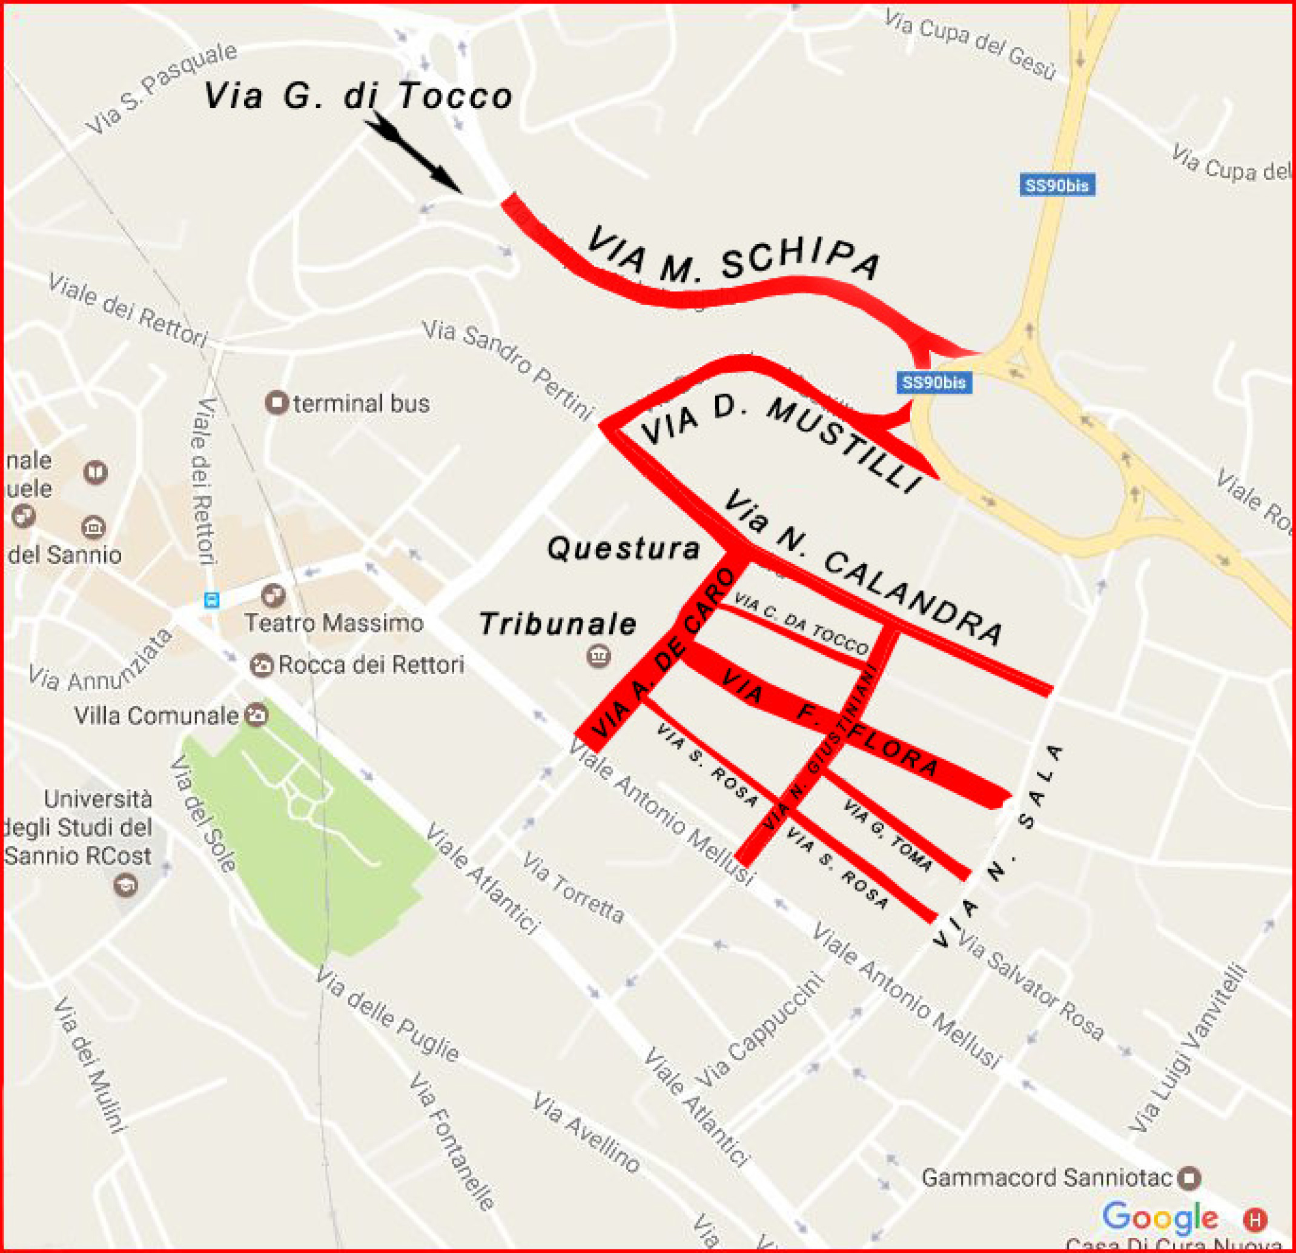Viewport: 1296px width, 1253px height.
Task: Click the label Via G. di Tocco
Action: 358,96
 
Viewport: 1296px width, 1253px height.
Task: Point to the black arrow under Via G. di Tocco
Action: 412,151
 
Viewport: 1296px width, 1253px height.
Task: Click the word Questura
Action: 623,548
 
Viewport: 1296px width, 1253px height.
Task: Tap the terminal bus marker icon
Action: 276,402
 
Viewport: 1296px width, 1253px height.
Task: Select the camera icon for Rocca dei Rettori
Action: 262,665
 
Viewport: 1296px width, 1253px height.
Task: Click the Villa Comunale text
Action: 156,716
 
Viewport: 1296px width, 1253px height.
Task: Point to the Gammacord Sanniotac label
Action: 1046,1178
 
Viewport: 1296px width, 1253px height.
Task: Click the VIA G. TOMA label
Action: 888,835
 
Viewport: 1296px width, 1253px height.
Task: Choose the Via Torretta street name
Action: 573,888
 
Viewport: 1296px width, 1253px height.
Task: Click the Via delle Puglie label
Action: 387,1017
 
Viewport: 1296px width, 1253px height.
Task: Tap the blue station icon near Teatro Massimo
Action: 211,599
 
